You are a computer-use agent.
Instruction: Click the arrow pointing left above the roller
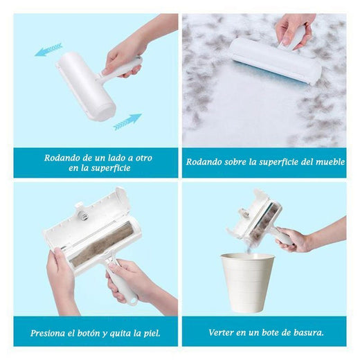[x=48, y=49]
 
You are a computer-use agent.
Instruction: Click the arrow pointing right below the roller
[x=127, y=122]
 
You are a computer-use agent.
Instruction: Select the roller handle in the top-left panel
[x=125, y=67]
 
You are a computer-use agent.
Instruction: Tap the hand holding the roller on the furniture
[x=294, y=28]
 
